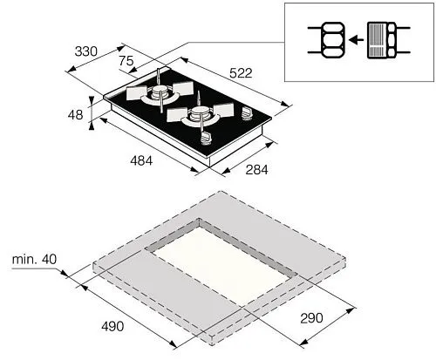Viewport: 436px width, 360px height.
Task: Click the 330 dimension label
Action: [85, 51]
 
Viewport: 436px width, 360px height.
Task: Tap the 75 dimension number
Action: [126, 61]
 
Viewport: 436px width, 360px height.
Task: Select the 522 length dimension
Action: [241, 73]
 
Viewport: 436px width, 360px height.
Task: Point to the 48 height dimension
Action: [75, 114]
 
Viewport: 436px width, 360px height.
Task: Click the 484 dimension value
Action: [141, 160]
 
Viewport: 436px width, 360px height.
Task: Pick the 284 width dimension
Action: [256, 170]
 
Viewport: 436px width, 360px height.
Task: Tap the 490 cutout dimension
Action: [112, 326]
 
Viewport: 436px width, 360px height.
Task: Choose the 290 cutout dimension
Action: [311, 318]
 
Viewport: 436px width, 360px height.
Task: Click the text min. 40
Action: [34, 259]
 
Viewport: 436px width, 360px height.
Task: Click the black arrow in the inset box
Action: [356, 39]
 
